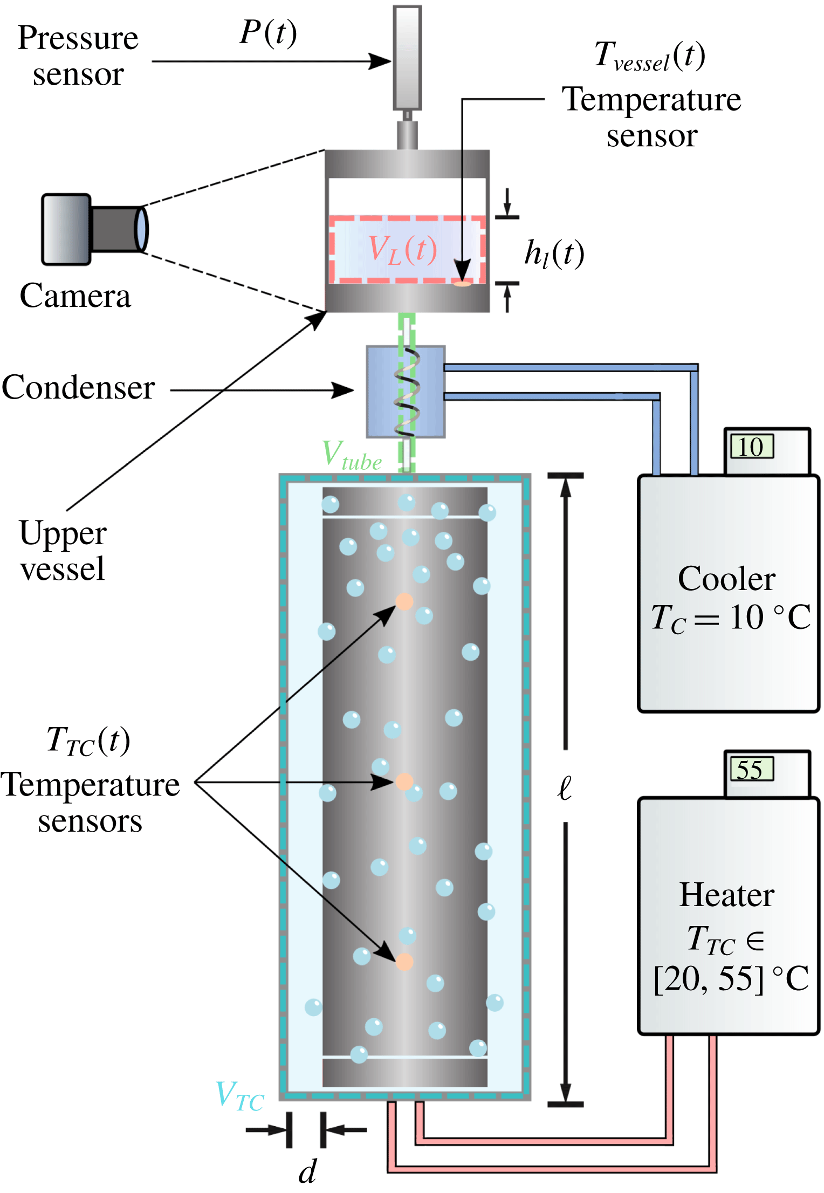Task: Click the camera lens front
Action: pyautogui.click(x=141, y=229)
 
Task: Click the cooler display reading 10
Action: pyautogui.click(x=752, y=447)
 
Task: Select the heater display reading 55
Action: pyautogui.click(x=751, y=769)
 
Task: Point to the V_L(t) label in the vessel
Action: pyautogui.click(x=402, y=250)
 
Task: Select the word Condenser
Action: pyautogui.click(x=78, y=388)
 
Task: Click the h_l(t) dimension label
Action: pyautogui.click(x=554, y=253)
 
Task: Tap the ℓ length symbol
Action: pyautogui.click(x=565, y=788)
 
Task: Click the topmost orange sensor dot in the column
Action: pyautogui.click(x=404, y=601)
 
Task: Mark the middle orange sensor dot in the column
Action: pyautogui.click(x=404, y=781)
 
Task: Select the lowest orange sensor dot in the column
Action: pyautogui.click(x=404, y=962)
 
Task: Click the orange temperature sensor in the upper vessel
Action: pyautogui.click(x=462, y=283)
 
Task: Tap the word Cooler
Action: pyautogui.click(x=726, y=579)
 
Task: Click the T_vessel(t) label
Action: pyautogui.click(x=650, y=56)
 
